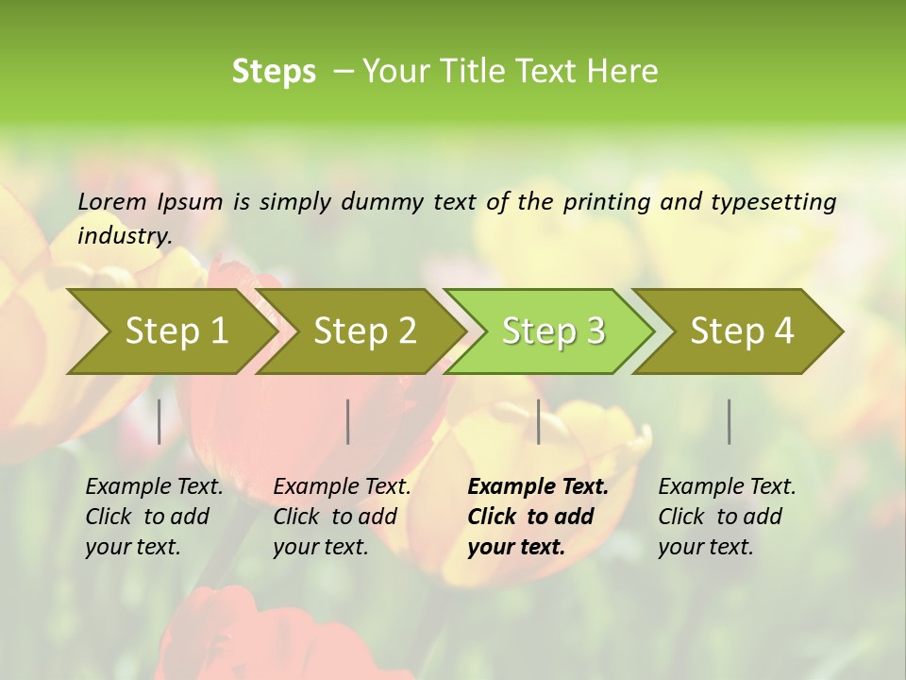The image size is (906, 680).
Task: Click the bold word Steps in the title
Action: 274,71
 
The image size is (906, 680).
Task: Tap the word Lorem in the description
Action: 112,201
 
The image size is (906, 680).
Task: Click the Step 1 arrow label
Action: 176,331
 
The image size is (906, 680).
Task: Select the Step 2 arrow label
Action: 365,331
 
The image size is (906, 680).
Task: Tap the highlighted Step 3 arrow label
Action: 553,331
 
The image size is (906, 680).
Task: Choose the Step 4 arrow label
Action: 742,331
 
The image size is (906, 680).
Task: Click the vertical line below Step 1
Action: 159,421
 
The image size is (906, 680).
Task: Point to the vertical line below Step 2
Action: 348,421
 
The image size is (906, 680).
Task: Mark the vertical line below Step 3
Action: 539,421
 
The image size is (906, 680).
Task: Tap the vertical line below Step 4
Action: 730,421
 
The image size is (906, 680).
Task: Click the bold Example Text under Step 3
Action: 538,486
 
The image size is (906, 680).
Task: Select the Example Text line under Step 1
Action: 154,486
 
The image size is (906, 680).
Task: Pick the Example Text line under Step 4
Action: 727,486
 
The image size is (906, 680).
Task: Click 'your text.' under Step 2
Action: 321,547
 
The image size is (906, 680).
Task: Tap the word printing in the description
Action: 607,201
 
